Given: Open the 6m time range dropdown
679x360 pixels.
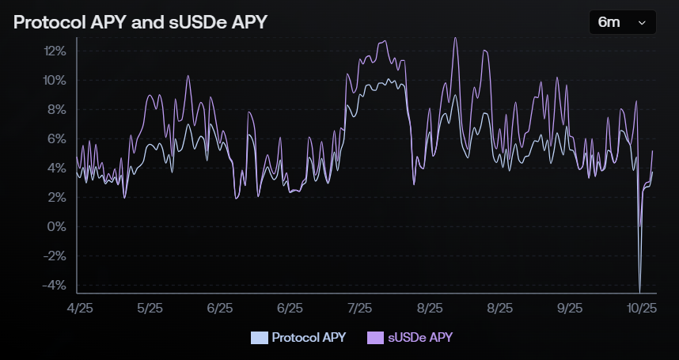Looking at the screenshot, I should click(622, 22).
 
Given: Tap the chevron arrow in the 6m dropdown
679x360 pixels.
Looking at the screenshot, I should click(642, 23).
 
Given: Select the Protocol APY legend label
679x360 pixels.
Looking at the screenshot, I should click(308, 337).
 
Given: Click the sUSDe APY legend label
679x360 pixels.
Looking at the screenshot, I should click(420, 337).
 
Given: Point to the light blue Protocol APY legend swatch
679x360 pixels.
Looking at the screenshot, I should click(259, 338).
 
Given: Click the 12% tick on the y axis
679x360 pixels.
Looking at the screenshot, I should click(55, 51).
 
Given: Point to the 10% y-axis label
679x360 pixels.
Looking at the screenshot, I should click(55, 81).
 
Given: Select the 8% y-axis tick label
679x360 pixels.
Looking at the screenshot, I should click(58, 110).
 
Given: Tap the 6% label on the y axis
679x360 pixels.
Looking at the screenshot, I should click(58, 139).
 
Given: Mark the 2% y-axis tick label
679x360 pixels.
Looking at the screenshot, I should click(58, 198).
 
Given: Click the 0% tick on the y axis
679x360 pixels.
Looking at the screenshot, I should click(58, 227).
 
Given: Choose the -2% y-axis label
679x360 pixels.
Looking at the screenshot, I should click(55, 256).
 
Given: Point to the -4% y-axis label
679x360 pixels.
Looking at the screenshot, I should click(55, 286).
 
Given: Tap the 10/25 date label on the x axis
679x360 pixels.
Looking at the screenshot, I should click(642, 308).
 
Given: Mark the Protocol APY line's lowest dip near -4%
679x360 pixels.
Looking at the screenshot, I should click(639, 290).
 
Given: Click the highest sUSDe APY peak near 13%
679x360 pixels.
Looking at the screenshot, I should click(455, 38).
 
